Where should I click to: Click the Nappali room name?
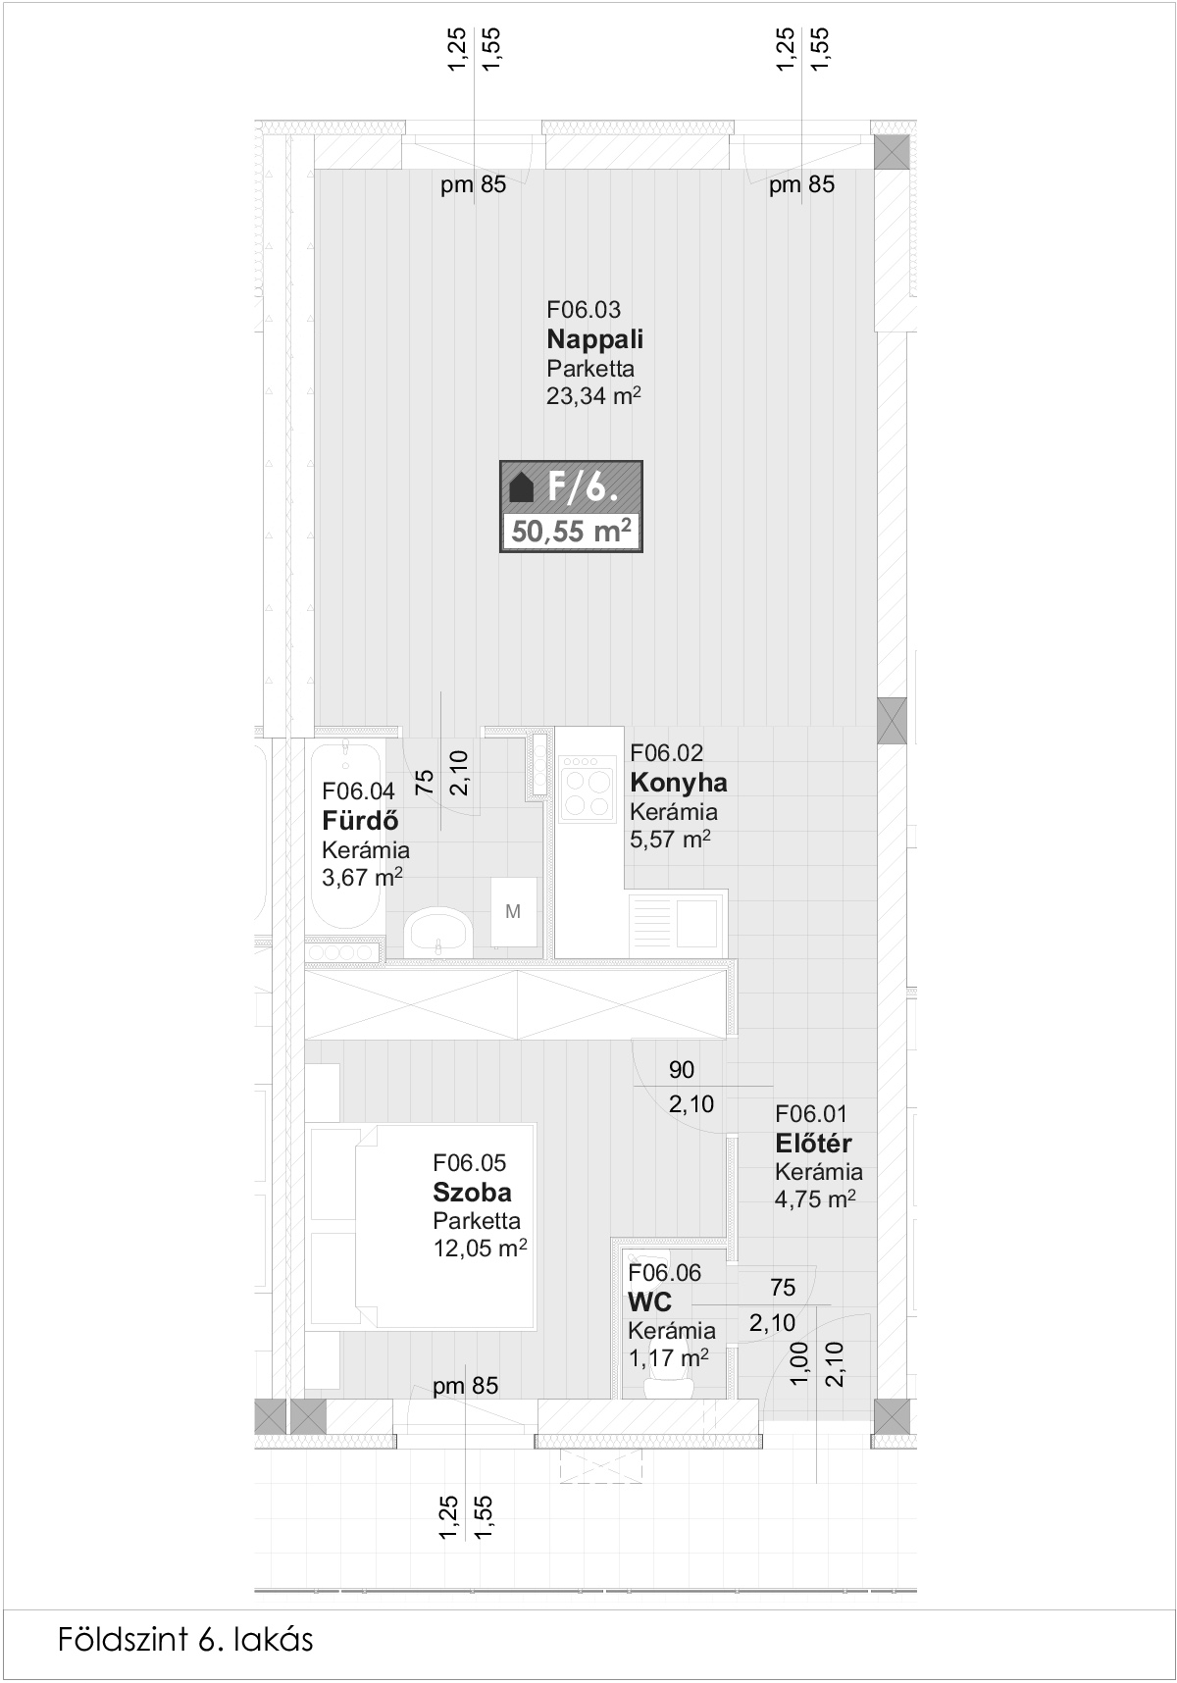595,339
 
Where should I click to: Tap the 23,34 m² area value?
593,396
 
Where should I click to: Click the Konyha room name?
679,783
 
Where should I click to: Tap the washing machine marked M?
513,912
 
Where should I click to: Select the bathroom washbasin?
438,931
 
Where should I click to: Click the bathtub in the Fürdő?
344,840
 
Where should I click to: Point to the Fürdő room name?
360,821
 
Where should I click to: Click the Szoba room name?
472,1193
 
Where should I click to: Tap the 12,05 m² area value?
481,1249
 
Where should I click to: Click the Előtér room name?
813,1144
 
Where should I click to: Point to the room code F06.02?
667,753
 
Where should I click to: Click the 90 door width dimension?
682,1070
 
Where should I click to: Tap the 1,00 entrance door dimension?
798,1363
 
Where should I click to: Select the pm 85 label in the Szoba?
466,1386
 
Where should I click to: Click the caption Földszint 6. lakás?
185,1639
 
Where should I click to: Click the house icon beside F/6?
523,486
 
